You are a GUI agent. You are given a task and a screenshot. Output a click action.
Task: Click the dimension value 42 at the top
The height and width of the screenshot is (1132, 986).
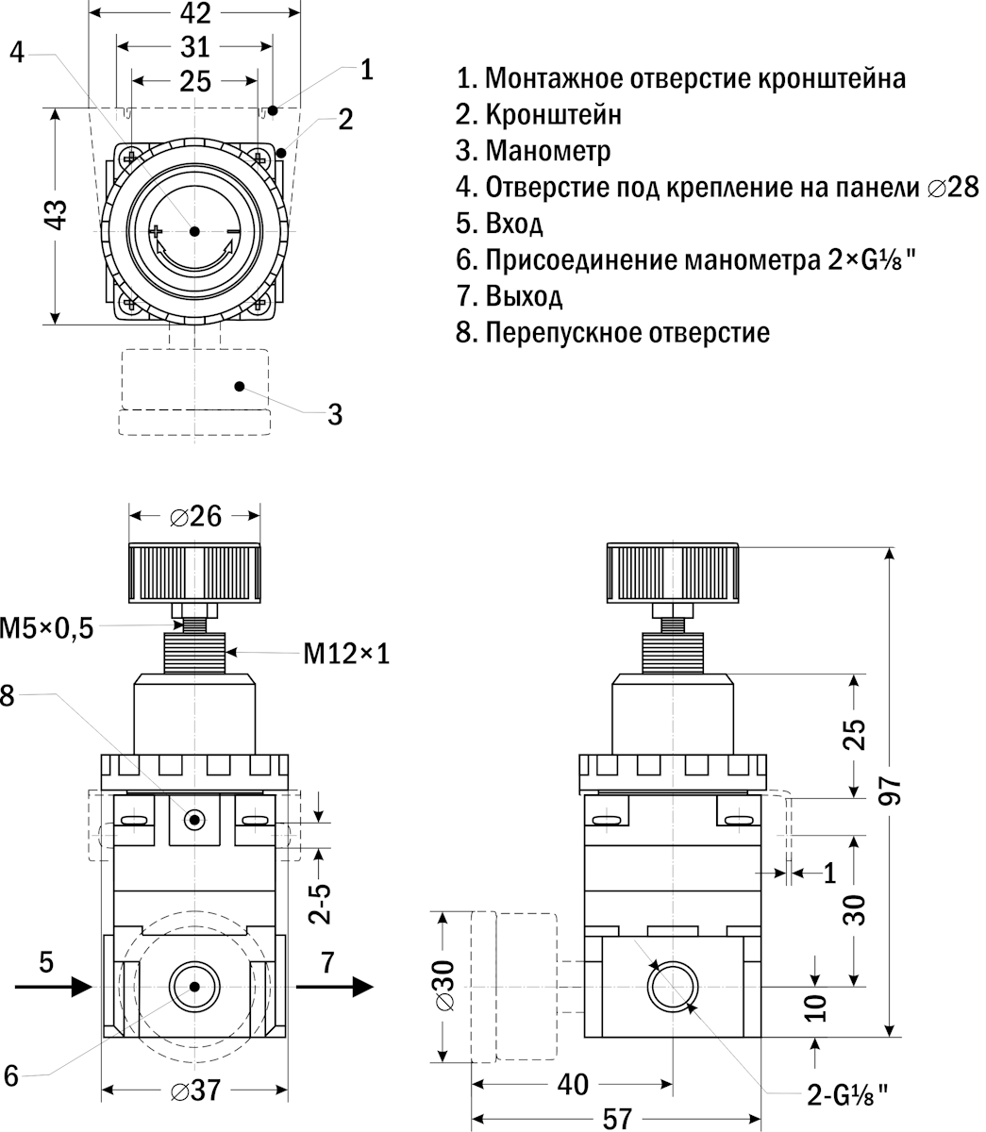(194, 13)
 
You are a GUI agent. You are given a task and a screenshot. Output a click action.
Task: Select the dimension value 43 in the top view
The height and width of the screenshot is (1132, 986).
(58, 216)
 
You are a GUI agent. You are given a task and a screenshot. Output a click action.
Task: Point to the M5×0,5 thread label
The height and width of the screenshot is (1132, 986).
(47, 628)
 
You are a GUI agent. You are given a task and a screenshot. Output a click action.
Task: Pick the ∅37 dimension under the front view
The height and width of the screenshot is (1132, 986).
(195, 1091)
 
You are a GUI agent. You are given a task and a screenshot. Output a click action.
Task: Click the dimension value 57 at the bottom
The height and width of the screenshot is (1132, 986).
(617, 1119)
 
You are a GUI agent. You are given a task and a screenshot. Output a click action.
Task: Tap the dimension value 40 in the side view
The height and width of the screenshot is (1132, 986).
(573, 1085)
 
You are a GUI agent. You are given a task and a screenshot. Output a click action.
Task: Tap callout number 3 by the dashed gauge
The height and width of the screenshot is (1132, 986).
(335, 414)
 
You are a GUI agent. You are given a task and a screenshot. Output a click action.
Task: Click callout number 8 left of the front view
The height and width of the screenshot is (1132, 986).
(8, 695)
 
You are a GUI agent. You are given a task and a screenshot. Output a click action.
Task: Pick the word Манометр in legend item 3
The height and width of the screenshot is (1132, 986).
(548, 151)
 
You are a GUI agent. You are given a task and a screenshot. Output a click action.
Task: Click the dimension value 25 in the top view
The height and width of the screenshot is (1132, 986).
(194, 81)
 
